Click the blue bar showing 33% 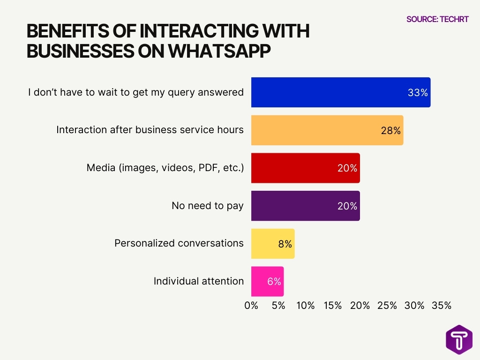340,92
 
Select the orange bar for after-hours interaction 327,130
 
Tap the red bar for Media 305,168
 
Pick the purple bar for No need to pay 305,206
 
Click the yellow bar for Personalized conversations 272,244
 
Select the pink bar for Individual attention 267,281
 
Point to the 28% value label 390,131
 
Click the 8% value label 285,244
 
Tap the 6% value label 274,281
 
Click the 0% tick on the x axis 251,306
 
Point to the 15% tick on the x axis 332,306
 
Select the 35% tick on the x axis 441,306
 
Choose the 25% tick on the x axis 387,306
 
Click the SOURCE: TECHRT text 437,19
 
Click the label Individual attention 199,281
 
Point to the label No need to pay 208,206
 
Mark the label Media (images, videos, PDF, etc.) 165,168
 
